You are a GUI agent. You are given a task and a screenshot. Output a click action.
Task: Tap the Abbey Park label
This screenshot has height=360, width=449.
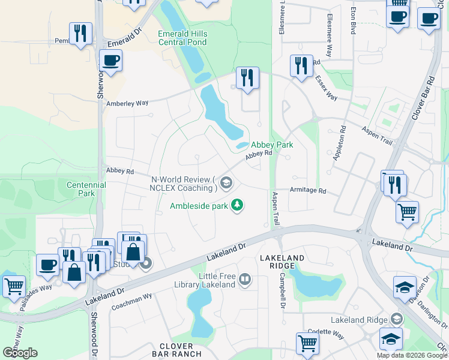pos(271,145)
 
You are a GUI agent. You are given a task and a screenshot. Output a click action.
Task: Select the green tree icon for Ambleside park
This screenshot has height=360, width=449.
pos(238,205)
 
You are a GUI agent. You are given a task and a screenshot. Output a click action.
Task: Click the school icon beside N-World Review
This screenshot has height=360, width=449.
pos(226,182)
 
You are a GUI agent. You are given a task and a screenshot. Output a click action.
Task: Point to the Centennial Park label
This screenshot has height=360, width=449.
pos(86,189)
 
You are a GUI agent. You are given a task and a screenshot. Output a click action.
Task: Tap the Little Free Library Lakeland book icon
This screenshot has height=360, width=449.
pos(244,279)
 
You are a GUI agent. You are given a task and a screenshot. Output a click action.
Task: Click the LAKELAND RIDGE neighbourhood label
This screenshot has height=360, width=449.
pos(277,262)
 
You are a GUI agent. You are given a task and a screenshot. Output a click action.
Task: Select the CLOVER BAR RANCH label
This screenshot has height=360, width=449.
pos(176,350)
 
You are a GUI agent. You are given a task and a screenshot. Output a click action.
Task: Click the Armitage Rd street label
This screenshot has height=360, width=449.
pos(307,191)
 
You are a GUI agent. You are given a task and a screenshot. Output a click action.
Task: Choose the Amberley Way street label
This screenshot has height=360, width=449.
pos(127,103)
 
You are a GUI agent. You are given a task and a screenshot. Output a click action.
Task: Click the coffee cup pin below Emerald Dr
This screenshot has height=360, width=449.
pos(110,60)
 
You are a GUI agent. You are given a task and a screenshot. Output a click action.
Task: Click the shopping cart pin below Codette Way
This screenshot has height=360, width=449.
pos(307,343)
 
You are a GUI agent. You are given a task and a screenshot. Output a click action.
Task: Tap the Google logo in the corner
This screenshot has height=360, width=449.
pos(20,353)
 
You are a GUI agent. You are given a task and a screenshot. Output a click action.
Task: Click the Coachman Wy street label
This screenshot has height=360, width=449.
pos(132,301)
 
